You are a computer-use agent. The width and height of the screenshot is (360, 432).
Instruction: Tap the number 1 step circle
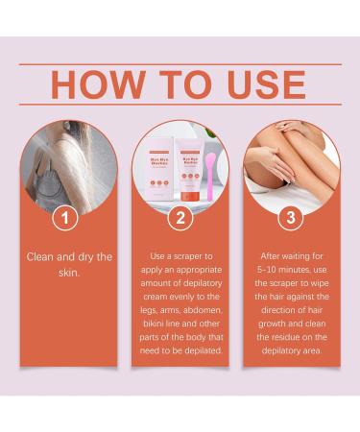tap(64, 218)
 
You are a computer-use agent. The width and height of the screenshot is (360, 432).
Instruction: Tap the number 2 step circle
tap(179, 218)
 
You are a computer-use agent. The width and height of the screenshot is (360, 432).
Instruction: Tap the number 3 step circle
tap(293, 218)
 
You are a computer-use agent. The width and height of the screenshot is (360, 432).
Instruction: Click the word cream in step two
tap(152, 299)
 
